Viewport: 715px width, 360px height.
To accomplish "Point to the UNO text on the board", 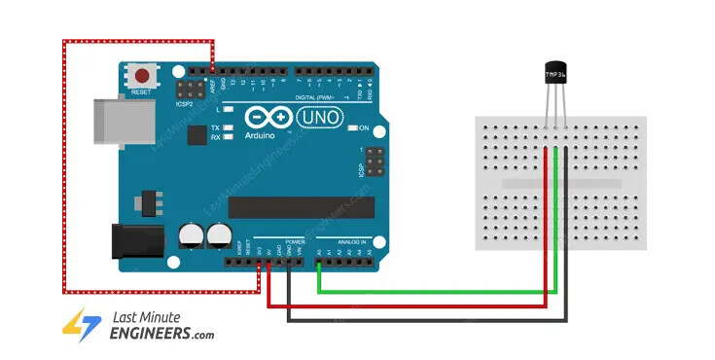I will (x=316, y=117).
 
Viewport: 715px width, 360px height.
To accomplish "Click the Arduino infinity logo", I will (x=269, y=117).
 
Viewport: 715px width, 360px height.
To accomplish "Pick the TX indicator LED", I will (x=228, y=128).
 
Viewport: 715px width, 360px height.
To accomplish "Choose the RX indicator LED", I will (x=228, y=138).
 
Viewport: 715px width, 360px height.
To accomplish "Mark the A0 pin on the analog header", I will (x=319, y=262).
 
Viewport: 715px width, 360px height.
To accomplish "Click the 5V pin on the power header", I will (x=268, y=262).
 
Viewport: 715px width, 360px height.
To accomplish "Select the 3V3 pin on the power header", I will (x=259, y=262).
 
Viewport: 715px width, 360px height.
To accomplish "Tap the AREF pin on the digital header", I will (x=213, y=72).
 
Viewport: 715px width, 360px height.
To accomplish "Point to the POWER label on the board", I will (x=295, y=240).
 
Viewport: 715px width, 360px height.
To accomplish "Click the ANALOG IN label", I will (x=350, y=240).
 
